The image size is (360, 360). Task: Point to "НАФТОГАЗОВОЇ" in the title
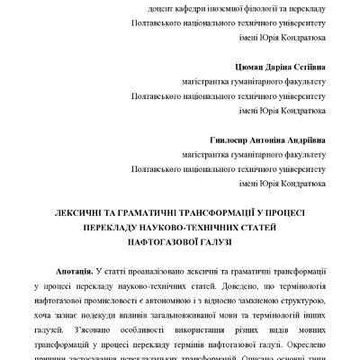click(x=148, y=243)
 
